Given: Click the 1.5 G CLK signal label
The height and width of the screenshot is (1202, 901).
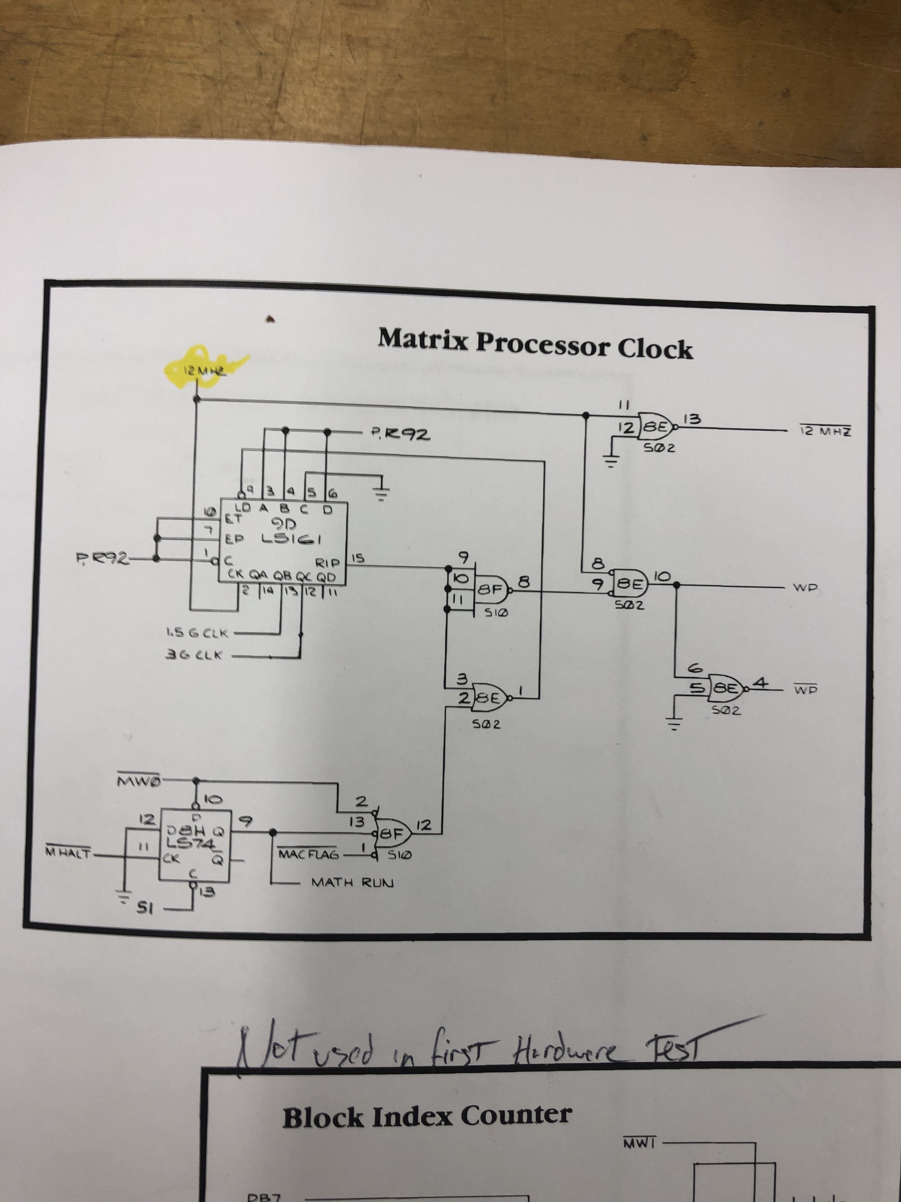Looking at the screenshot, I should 198,633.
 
